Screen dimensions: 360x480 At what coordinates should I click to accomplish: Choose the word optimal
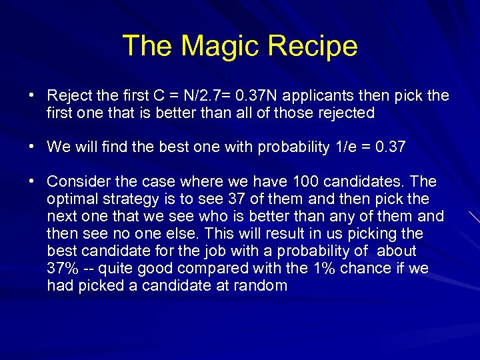(70, 199)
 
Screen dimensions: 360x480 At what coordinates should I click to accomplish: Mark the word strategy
(125, 199)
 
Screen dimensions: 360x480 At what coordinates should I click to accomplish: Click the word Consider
(76, 181)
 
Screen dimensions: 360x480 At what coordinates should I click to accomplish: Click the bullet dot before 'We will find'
(32, 147)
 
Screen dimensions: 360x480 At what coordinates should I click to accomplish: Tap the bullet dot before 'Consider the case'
(32, 181)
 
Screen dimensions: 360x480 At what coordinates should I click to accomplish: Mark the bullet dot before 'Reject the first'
(32, 95)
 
